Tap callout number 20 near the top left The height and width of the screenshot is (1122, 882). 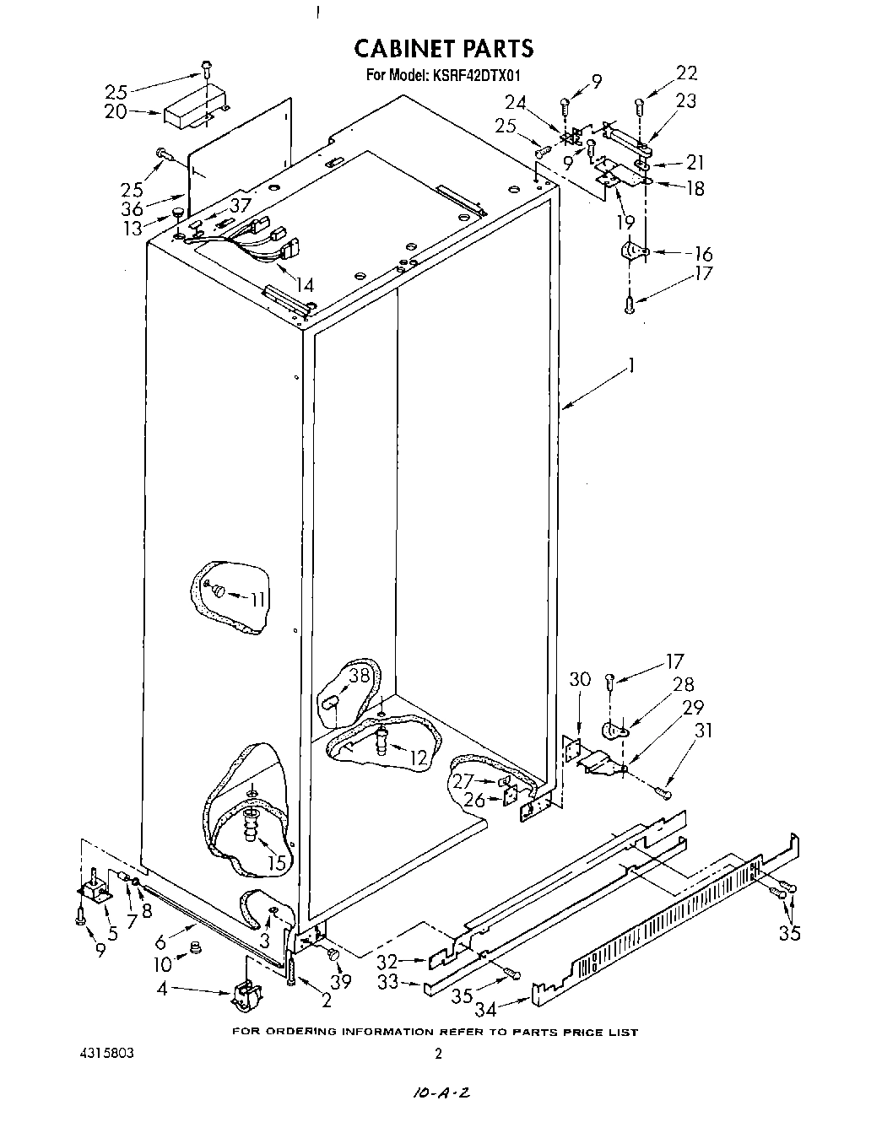116,111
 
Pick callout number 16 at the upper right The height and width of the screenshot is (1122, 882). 702,254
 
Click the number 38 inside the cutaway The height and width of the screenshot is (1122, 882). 360,675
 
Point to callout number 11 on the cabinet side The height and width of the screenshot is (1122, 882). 257,599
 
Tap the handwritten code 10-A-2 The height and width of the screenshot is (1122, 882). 441,1092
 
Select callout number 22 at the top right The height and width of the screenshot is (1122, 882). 687,73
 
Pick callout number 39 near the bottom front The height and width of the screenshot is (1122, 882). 341,982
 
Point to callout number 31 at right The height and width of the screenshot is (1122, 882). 701,731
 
